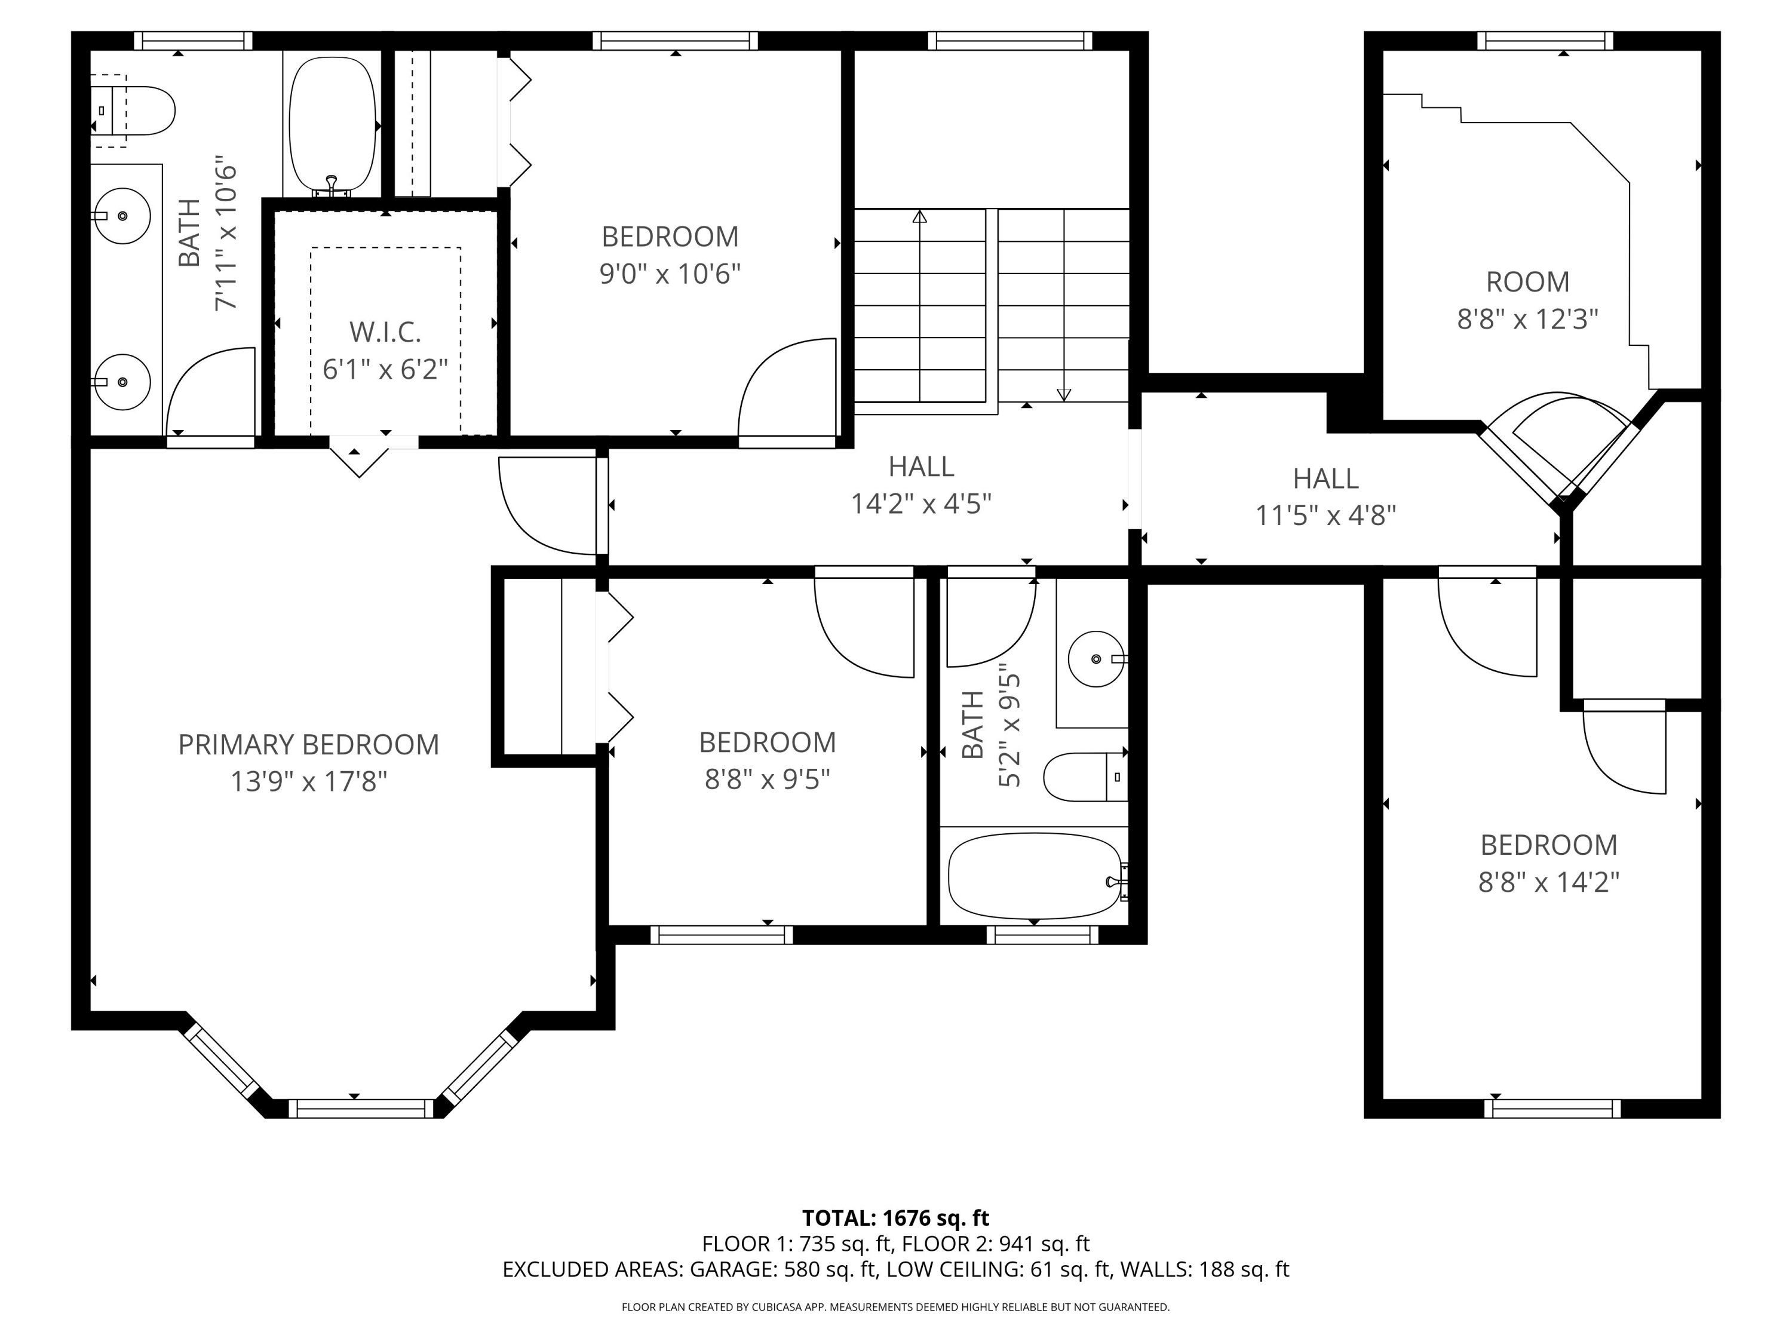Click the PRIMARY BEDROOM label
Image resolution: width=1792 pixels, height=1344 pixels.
(x=309, y=744)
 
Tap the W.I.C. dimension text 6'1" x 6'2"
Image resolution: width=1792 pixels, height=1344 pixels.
(x=386, y=369)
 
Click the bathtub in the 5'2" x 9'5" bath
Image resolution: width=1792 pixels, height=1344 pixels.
(x=1035, y=876)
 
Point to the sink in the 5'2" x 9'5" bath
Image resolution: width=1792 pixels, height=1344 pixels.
(x=1096, y=659)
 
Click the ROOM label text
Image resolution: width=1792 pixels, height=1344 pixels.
(x=1527, y=282)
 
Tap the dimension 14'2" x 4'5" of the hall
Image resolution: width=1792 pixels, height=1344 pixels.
(x=921, y=504)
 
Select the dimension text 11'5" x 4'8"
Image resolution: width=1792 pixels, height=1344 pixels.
(x=1325, y=515)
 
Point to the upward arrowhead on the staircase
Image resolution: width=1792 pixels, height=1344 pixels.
(x=919, y=217)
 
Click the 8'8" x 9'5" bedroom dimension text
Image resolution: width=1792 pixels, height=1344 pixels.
(x=767, y=780)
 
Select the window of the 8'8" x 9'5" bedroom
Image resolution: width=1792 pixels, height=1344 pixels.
(x=721, y=935)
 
